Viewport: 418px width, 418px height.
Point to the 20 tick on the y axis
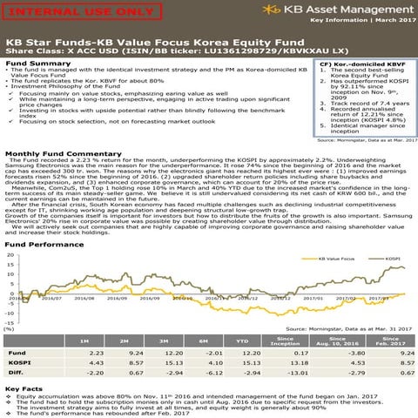(9, 257)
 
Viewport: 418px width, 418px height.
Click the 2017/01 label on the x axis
(312, 297)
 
